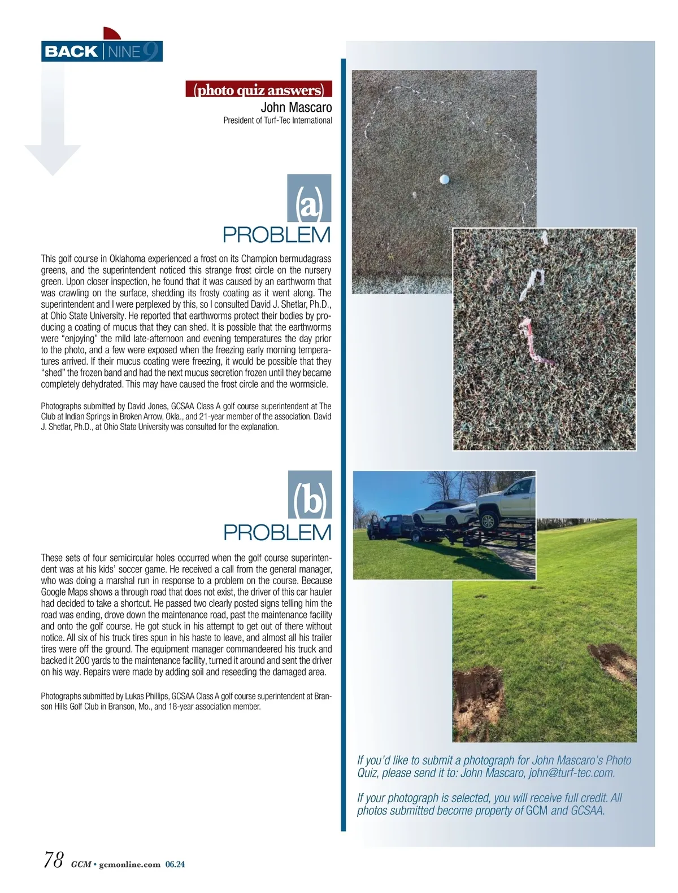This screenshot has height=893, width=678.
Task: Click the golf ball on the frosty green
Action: point(444,180)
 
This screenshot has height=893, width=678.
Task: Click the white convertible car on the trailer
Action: point(444,513)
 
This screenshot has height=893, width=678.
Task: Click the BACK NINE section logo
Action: point(102,52)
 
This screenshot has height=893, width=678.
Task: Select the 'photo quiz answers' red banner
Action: point(259,90)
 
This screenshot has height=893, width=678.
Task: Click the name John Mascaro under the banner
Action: point(296,107)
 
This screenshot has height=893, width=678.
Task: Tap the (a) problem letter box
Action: point(309,199)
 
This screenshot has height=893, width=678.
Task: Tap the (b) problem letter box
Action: point(310,495)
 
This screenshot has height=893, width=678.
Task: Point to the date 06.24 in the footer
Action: point(175,864)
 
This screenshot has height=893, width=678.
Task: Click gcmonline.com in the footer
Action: point(129,864)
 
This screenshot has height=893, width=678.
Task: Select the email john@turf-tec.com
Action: point(572,773)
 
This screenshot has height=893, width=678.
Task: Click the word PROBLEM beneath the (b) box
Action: point(277,532)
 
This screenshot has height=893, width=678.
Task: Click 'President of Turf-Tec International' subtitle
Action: point(277,120)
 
